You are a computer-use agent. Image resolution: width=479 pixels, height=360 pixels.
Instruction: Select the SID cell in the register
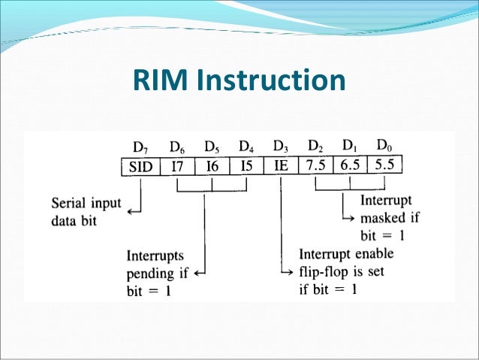pyautogui.click(x=140, y=167)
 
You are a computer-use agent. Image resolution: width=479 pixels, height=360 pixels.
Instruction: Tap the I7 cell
pyautogui.click(x=177, y=167)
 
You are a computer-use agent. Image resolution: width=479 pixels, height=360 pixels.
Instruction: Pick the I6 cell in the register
pyautogui.click(x=212, y=167)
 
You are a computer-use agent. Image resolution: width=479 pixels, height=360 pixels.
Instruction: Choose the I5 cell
pyautogui.click(x=246, y=167)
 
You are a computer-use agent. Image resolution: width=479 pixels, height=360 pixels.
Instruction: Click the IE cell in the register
pyautogui.click(x=281, y=166)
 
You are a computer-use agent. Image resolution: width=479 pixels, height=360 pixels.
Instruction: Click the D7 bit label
pyautogui.click(x=140, y=146)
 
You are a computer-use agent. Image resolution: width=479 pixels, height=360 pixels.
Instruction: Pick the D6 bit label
pyautogui.click(x=177, y=146)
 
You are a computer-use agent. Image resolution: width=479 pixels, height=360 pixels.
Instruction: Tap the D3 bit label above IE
pyautogui.click(x=281, y=145)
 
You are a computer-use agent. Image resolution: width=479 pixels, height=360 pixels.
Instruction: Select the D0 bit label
pyautogui.click(x=384, y=144)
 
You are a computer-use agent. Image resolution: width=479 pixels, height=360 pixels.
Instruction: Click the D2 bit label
pyautogui.click(x=315, y=144)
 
